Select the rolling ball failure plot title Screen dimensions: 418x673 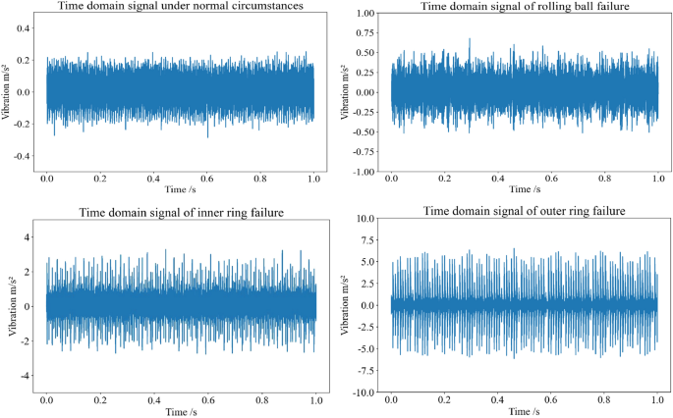click(524, 7)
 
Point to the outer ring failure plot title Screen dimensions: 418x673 click(524, 212)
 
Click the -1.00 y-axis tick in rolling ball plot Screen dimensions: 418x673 click(362, 172)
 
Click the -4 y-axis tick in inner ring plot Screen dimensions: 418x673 click(28, 376)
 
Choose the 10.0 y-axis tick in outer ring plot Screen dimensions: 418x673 click(365, 219)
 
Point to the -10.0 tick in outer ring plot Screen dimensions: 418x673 click(363, 392)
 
